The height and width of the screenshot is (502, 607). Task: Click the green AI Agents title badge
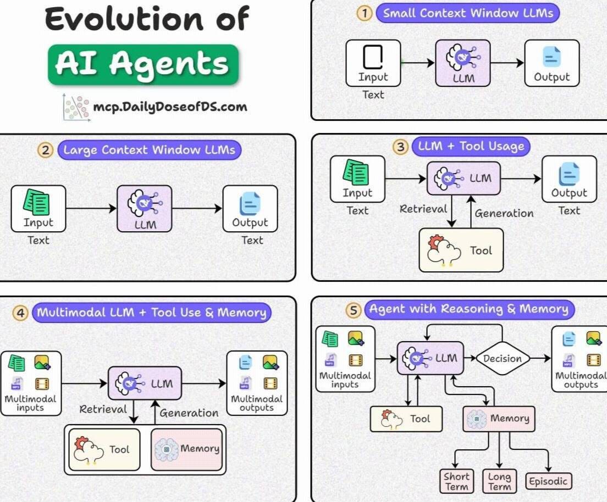[x=143, y=65]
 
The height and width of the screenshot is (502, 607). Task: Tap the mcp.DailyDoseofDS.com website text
[x=169, y=107]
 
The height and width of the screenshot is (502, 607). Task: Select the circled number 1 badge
[x=364, y=13]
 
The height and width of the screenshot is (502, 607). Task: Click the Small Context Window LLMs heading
[x=467, y=13]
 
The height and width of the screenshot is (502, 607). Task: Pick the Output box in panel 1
[x=551, y=63]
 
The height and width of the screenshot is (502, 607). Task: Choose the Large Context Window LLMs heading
[x=149, y=150]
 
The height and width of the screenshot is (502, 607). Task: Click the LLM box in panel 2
[x=145, y=208]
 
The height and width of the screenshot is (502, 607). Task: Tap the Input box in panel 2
[x=38, y=208]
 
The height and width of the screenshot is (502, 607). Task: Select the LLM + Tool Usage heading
[x=471, y=147]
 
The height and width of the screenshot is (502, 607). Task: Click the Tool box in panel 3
[x=461, y=250]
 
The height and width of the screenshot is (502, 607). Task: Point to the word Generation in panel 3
[x=504, y=214]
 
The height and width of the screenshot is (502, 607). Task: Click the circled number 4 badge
[x=21, y=313]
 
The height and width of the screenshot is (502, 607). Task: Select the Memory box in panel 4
[x=187, y=449]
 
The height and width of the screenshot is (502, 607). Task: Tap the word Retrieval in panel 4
[x=103, y=409]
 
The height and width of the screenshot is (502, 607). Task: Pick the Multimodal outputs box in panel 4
[x=257, y=383]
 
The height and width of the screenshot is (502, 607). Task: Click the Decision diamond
[x=503, y=359]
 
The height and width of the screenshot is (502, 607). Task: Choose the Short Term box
[x=456, y=482]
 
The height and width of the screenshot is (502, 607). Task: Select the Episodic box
[x=547, y=482]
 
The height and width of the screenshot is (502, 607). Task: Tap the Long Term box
[x=499, y=482]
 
